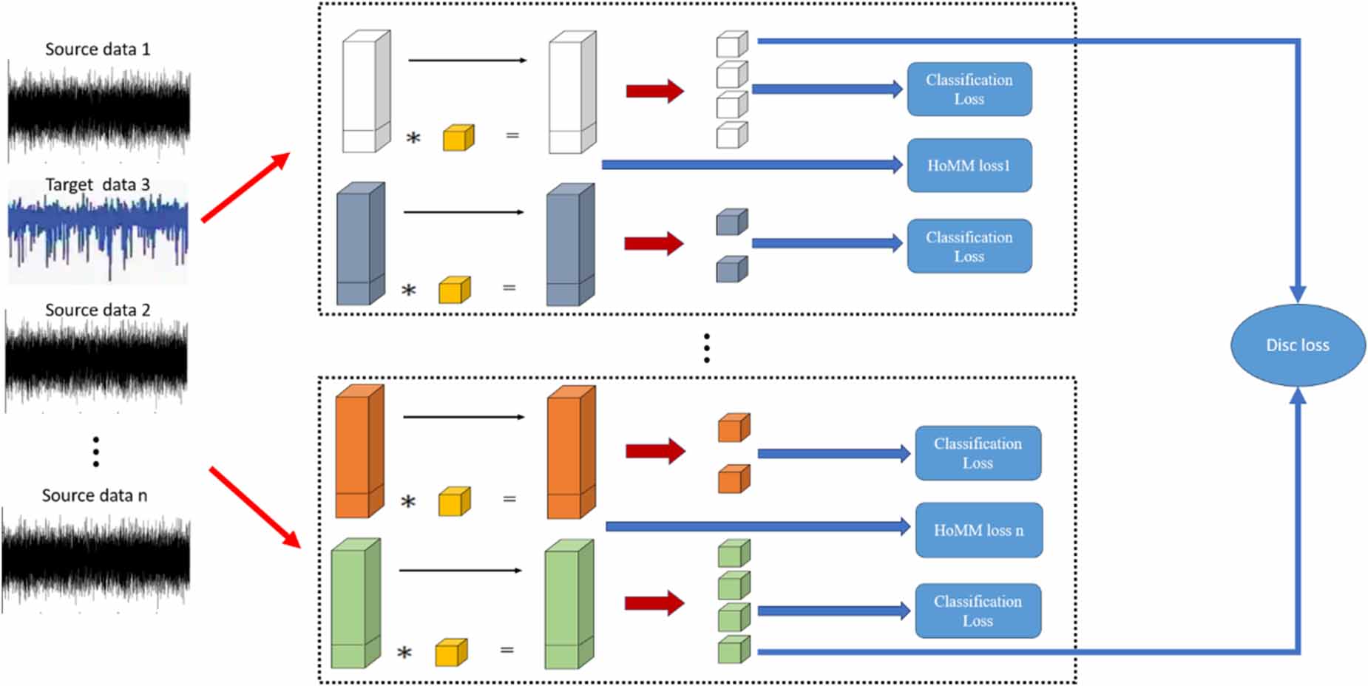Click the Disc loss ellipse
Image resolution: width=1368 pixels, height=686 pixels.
(1297, 345)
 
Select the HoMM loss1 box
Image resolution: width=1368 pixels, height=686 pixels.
(969, 166)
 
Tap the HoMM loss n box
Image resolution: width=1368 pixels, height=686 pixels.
(978, 530)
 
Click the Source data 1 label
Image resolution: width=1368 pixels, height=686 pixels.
(98, 50)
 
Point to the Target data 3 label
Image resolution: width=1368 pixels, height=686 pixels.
(98, 185)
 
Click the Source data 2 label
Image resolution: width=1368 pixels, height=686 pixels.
(98, 310)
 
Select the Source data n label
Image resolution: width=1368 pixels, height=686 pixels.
(95, 496)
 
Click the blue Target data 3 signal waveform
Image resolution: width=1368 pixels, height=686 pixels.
(98, 233)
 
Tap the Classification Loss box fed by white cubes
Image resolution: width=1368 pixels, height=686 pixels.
(969, 89)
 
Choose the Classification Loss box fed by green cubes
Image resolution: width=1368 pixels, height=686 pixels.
(978, 611)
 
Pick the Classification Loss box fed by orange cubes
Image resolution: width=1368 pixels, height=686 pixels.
(978, 453)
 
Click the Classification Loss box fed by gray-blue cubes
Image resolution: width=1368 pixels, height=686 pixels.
(969, 246)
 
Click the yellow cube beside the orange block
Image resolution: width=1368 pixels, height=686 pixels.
(454, 502)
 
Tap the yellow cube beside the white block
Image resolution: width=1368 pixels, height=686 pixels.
(458, 138)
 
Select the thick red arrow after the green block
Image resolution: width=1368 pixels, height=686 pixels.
(654, 603)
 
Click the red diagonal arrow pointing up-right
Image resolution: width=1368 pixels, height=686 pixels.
(246, 187)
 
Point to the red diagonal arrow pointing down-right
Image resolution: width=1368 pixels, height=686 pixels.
(254, 507)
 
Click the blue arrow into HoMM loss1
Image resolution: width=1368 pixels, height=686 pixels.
(751, 165)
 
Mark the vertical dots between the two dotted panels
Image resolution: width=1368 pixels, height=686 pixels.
(707, 347)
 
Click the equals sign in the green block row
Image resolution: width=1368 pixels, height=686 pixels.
(507, 651)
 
